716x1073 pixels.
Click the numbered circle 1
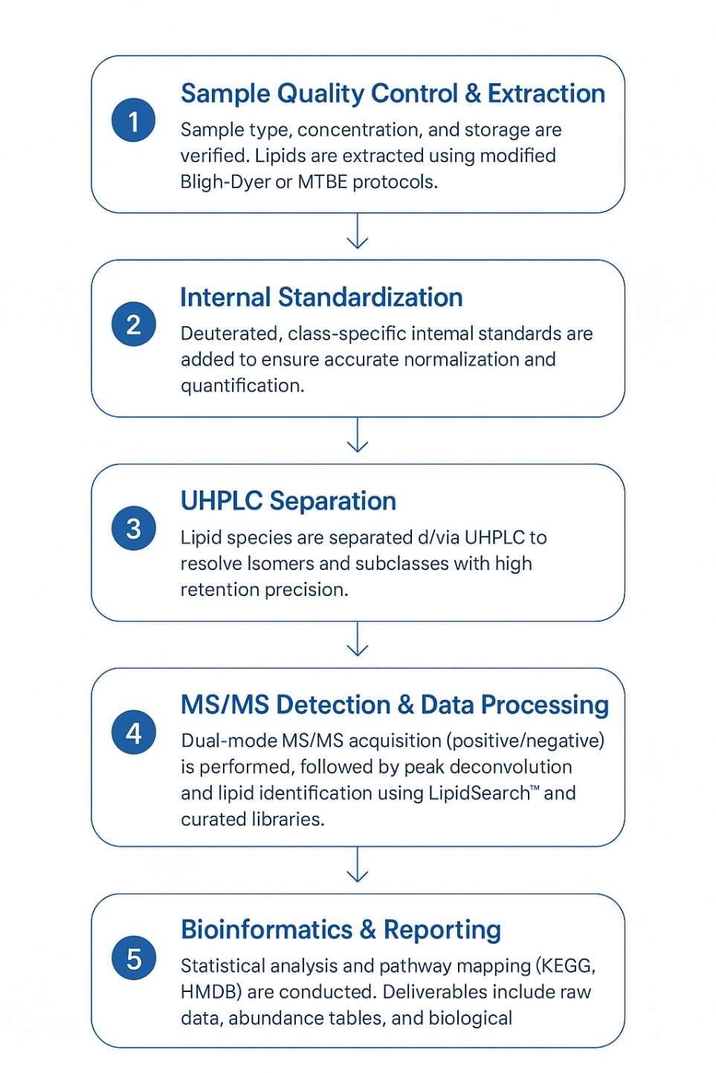133,120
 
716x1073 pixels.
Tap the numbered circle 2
133,325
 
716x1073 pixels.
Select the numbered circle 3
133,528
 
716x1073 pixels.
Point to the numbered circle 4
133,733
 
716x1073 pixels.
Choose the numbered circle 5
133,958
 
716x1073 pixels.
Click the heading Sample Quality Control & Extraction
393,94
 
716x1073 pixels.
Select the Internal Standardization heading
321,297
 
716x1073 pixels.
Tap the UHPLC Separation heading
288,501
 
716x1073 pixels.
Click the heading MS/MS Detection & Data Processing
395,704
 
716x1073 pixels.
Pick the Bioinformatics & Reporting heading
341,930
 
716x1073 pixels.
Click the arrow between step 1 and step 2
358,232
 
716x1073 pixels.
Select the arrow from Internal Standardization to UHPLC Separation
358,435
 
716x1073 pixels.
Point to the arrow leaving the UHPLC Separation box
358,640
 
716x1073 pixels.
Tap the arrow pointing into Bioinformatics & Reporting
358,865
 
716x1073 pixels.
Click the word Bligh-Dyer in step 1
225,182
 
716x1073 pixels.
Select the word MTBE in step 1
323,182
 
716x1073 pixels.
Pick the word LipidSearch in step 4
479,793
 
